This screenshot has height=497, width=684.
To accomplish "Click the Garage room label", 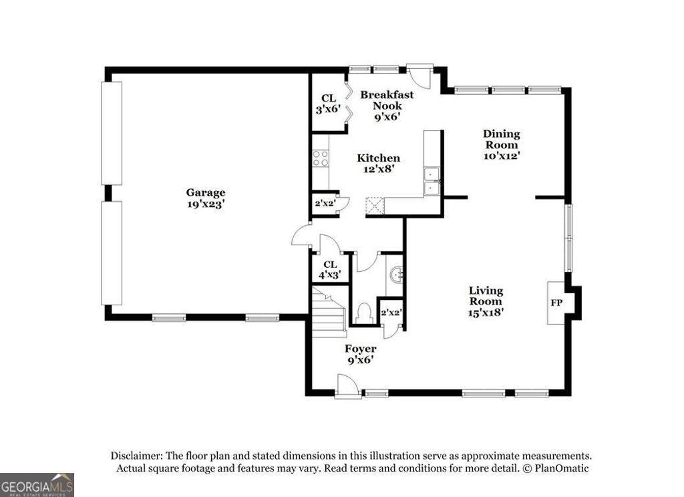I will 206,192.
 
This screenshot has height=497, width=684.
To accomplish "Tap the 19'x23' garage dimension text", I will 206,204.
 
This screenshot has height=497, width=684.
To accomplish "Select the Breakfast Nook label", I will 387,100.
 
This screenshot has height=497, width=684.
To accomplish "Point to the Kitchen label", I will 379,158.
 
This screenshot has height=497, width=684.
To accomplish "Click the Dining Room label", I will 502,139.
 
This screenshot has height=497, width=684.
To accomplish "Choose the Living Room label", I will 486,296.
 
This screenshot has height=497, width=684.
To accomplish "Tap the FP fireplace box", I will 556,303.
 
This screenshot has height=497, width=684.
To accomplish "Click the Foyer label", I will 360,349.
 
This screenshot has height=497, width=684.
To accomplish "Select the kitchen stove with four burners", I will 321,158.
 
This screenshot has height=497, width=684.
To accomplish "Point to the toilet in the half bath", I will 365,313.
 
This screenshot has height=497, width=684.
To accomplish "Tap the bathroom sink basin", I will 396,274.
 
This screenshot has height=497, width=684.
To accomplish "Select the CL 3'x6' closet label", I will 329,103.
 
